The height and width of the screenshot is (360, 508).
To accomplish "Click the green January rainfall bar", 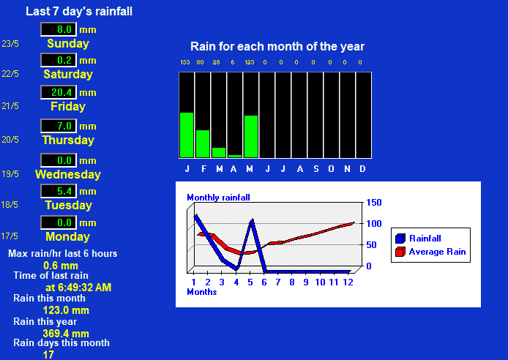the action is [x=187, y=135].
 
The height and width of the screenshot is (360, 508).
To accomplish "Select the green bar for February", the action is [x=203, y=143].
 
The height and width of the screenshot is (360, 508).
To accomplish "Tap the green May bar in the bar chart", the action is [x=251, y=137].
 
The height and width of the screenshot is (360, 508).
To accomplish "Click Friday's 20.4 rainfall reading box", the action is [x=59, y=93].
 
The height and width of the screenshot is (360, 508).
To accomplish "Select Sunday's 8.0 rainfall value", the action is [x=59, y=29].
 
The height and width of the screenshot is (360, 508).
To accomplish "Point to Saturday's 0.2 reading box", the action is [x=59, y=60].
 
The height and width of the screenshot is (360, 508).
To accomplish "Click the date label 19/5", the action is [x=10, y=174].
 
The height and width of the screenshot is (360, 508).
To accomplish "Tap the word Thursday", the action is [x=68, y=140].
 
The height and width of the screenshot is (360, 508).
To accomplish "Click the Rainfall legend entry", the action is [x=418, y=239].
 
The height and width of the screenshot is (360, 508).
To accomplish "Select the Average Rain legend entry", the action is [x=430, y=252].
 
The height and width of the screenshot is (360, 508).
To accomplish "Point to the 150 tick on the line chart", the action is [x=374, y=203].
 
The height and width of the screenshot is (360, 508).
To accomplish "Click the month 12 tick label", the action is [x=348, y=282].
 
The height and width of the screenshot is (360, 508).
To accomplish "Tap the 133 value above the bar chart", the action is [x=185, y=62].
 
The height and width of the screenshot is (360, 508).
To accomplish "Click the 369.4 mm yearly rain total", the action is [x=66, y=334].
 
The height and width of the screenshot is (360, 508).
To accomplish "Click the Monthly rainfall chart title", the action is [x=218, y=198].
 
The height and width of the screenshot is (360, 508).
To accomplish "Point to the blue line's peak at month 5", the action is [x=252, y=220].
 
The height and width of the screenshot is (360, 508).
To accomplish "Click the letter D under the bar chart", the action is [x=362, y=169].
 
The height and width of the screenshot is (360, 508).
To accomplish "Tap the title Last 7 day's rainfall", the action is [x=79, y=11].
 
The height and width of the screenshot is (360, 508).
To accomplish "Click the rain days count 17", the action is [x=48, y=355].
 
